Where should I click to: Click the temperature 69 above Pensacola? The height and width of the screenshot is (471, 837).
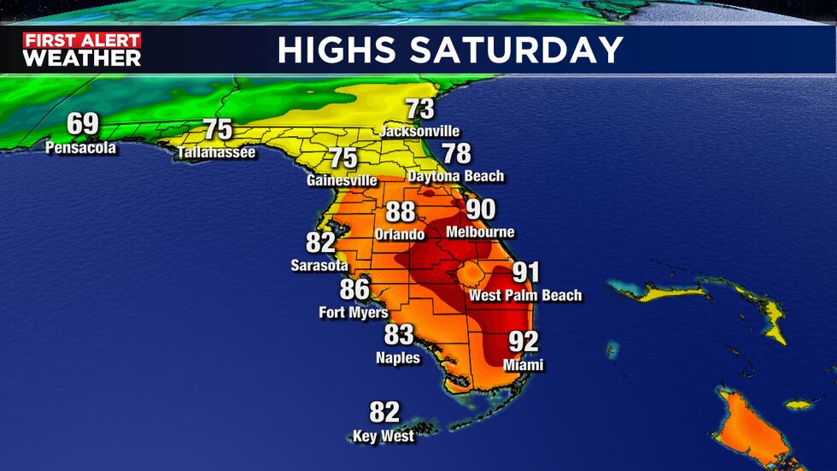83,125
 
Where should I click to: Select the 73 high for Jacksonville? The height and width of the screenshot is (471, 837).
419,109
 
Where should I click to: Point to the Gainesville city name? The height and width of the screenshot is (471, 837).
342,180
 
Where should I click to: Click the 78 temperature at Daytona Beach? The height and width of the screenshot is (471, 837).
457,154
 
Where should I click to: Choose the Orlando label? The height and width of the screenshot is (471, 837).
400,233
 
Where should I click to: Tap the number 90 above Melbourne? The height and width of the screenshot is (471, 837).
480,209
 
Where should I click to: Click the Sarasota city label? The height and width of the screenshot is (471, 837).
319,266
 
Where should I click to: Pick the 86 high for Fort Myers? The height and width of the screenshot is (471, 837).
355,289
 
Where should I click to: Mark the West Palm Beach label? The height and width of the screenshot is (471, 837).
525,296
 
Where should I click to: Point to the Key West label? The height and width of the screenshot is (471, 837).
383,436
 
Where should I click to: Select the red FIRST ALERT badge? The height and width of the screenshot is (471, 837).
82,40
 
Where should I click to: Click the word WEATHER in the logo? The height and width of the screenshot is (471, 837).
82,58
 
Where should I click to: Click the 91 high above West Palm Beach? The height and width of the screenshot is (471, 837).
525,273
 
